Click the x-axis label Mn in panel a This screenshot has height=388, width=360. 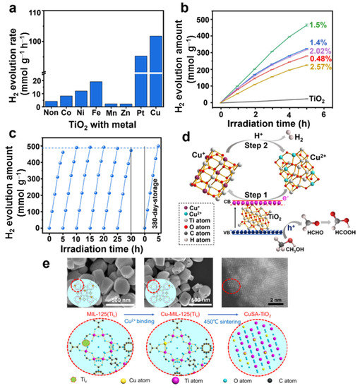click(x=111, y=111)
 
